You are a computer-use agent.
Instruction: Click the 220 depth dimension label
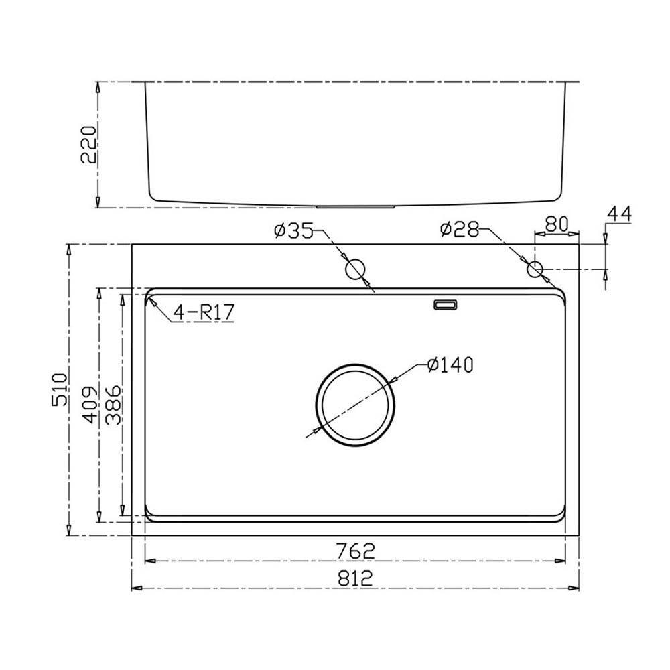[88, 145]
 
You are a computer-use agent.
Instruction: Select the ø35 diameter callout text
[293, 230]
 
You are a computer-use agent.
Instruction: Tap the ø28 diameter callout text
[460, 229]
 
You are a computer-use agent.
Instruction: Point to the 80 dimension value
[557, 224]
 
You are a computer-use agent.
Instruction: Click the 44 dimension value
[619, 214]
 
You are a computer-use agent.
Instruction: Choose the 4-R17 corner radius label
[204, 312]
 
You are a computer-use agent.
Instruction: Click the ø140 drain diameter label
[450, 365]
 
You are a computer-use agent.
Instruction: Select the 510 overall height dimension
[60, 390]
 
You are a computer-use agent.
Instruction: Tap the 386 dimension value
[114, 405]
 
